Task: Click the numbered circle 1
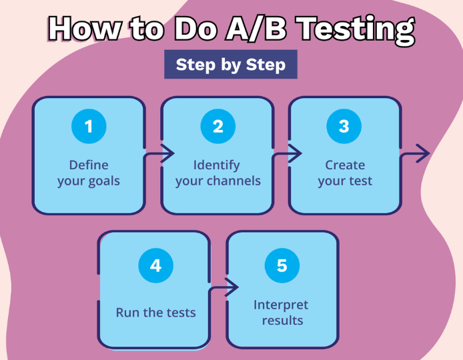click(89, 126)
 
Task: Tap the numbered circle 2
click(218, 126)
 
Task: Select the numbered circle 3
click(344, 126)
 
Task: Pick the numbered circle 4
click(156, 265)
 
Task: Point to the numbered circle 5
click(282, 265)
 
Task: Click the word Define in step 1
click(89, 165)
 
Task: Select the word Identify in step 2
click(216, 165)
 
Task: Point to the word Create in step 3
click(345, 165)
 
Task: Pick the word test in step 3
click(360, 181)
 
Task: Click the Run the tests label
click(156, 313)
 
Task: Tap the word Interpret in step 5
click(281, 305)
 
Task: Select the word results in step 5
click(283, 320)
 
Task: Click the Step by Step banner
click(231, 64)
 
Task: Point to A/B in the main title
click(256, 28)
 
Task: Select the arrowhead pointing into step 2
click(167, 153)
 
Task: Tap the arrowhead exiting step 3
click(423, 153)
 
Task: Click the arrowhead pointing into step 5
click(232, 287)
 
